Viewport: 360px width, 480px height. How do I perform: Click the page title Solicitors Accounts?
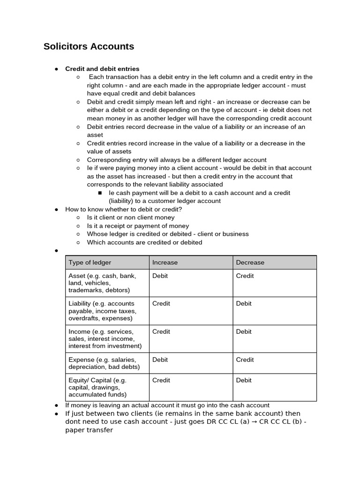pos(89,46)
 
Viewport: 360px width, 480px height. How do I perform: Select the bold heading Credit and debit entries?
pos(102,69)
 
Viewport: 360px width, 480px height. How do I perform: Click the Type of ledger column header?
pos(90,262)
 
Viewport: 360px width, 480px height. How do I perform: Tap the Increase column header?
pos(165,262)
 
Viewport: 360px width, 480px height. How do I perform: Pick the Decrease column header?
pos(250,262)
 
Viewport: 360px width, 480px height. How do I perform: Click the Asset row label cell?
pos(107,283)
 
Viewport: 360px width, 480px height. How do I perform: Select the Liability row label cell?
pos(107,311)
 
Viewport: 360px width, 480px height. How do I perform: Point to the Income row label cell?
pos(107,338)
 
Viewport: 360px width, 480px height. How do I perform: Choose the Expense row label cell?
pos(107,363)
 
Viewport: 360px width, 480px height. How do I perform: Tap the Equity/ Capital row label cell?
pos(107,387)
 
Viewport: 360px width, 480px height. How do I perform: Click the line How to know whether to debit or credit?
pos(123,209)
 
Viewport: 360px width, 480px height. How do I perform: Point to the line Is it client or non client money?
pos(131,217)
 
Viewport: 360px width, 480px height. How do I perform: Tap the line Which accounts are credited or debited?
pos(144,242)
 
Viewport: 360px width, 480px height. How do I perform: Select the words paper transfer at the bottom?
pos(89,430)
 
